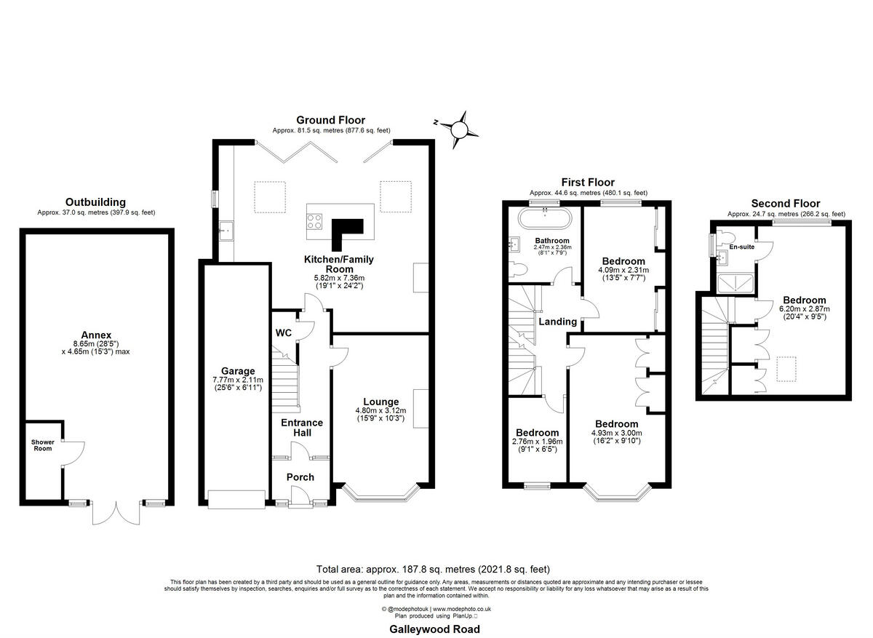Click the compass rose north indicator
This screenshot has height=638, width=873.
coord(459,129)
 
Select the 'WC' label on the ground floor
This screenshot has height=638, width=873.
coord(284,333)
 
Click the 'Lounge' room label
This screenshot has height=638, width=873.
coord(381,402)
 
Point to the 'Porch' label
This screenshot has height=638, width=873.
coord(300,477)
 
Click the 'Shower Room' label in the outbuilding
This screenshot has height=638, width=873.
coord(41,444)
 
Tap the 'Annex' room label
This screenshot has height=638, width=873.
coord(96,335)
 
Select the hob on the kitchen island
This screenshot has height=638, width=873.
coord(316,220)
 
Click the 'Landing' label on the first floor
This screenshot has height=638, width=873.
coord(558,322)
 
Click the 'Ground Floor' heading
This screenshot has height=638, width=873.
coord(330,120)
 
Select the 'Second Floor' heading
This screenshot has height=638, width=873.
coord(786,204)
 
